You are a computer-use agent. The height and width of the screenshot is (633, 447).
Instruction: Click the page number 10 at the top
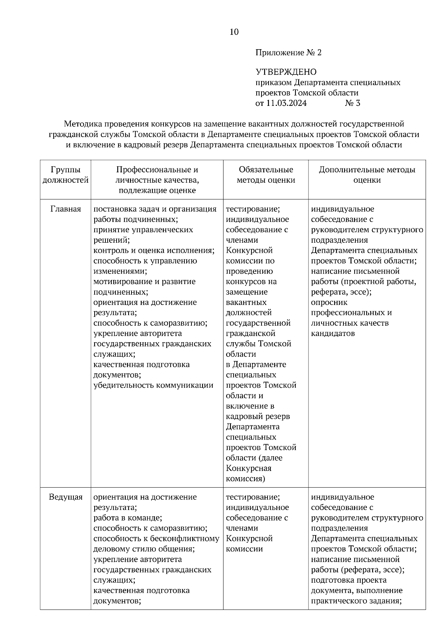coord(234,32)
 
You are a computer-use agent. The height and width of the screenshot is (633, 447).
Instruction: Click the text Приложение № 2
coord(288,53)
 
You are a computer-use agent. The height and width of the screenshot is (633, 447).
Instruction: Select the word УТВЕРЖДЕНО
coord(286,72)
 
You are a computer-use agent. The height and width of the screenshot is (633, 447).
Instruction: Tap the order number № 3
coord(352,103)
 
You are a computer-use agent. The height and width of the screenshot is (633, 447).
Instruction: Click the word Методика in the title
coord(83,123)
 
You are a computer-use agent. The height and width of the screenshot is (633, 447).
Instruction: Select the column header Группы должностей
coord(66,175)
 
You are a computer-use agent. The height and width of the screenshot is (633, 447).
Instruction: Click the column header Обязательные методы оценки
coord(266,175)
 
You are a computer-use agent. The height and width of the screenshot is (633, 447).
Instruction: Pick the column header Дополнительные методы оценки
coord(367,175)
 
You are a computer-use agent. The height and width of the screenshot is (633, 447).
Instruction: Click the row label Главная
coord(66,209)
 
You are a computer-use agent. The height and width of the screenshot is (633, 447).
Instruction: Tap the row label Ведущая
coord(66,497)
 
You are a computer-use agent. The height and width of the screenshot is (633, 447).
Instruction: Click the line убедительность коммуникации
coord(153,385)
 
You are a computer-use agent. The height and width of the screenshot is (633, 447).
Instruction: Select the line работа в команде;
coord(127,518)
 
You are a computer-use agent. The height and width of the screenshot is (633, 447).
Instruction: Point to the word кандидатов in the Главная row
coord(333,333)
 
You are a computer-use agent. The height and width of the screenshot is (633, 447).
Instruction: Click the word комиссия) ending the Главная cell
coord(245,478)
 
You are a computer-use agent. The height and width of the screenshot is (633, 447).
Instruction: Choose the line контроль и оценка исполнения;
coord(154,251)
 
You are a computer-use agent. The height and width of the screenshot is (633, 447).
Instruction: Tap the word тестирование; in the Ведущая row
coord(253,497)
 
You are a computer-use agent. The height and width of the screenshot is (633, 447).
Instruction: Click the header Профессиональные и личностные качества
coord(157,175)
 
